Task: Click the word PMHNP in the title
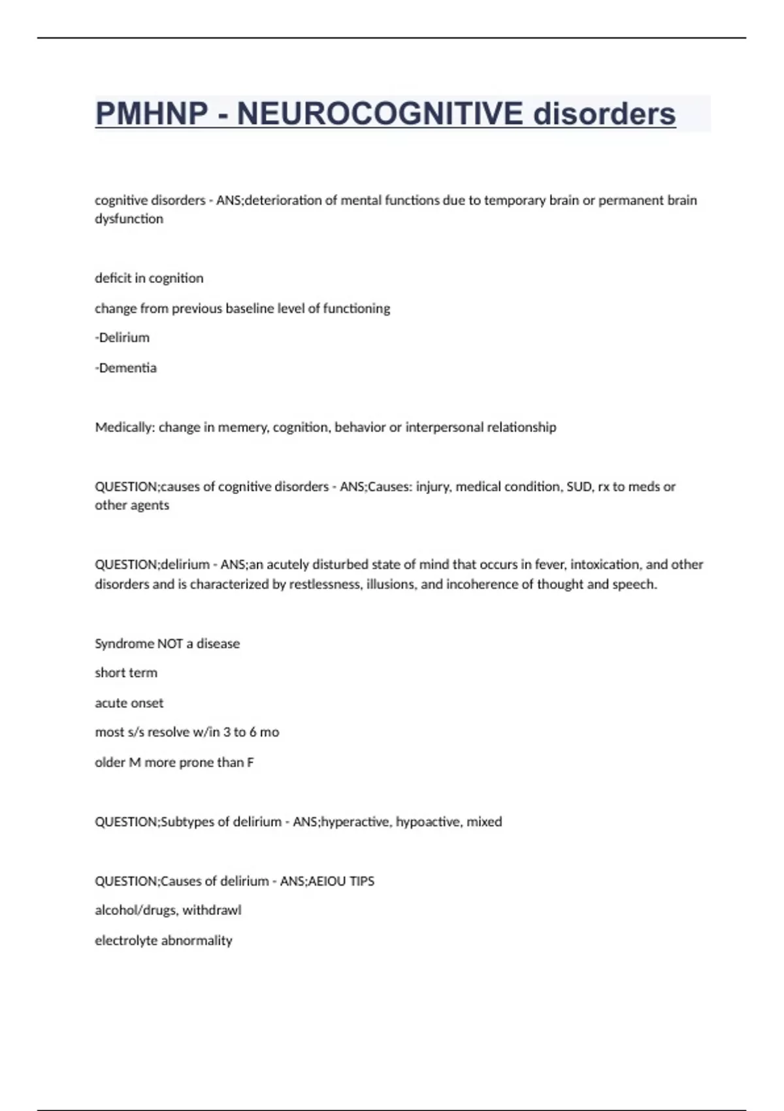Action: (151, 114)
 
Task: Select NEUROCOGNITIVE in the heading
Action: (380, 114)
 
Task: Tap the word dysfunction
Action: (129, 219)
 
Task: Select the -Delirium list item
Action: (122, 338)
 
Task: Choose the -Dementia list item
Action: (125, 368)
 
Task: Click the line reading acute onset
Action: (129, 703)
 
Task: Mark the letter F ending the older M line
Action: (250, 763)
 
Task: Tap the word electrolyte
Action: (126, 940)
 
